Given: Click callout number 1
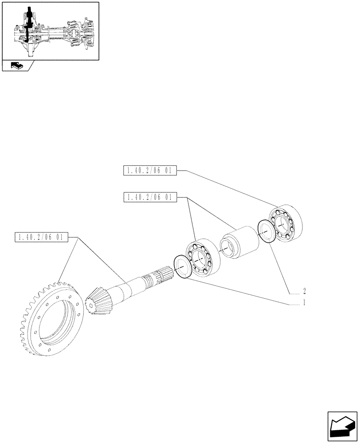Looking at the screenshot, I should (304, 303).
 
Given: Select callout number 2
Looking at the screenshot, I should (305, 291).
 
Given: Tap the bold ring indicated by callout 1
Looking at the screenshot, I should (183, 267).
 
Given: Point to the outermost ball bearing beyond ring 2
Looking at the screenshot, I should (286, 224).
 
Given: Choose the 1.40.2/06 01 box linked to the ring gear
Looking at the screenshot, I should (41, 237).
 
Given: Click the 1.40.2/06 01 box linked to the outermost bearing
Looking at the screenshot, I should (149, 170).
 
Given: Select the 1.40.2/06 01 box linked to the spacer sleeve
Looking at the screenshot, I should (149, 197).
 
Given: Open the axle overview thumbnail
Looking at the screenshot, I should (50, 30).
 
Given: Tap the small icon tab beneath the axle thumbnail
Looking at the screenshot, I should (17, 66).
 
